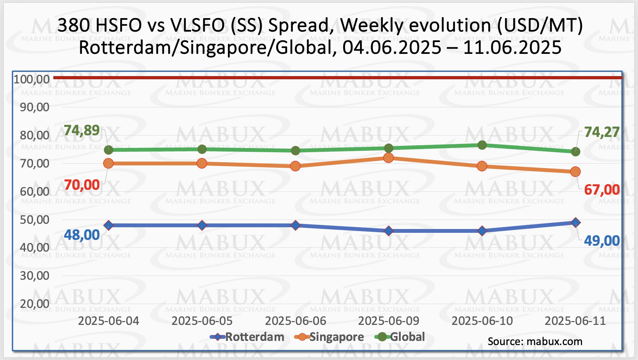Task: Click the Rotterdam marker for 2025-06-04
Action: click(x=108, y=225)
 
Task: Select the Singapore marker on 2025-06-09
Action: click(x=388, y=158)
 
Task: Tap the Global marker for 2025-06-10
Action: click(x=482, y=145)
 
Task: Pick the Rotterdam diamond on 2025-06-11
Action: click(x=575, y=222)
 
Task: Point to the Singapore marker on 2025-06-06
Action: click(x=295, y=166)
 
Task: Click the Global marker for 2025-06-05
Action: click(x=202, y=149)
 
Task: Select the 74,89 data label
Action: click(x=82, y=130)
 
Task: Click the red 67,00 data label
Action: click(x=602, y=190)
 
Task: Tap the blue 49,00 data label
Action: click(x=602, y=240)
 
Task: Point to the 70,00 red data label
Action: click(x=82, y=185)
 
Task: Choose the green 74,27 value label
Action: click(x=602, y=132)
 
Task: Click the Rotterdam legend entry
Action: click(x=254, y=337)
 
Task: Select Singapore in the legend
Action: click(x=336, y=337)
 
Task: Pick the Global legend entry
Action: click(x=407, y=337)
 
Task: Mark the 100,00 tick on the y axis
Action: click(x=32, y=79)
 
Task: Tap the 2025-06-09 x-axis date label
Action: click(x=388, y=321)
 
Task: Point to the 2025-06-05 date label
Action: click(x=202, y=321)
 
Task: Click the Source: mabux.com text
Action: click(x=535, y=341)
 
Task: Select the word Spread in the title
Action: click(x=301, y=25)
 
